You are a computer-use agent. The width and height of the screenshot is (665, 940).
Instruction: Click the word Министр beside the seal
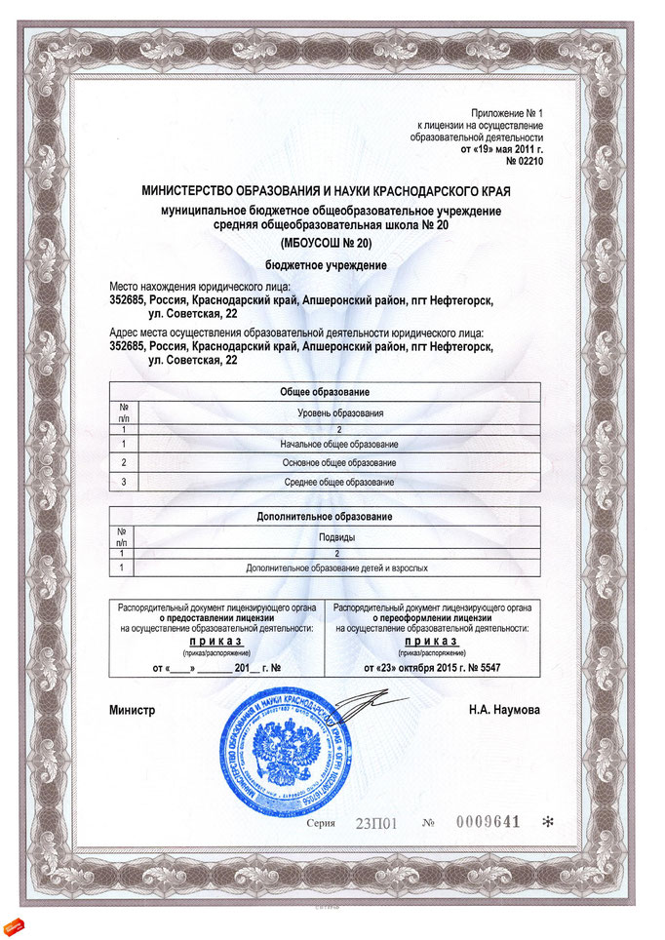coord(133,710)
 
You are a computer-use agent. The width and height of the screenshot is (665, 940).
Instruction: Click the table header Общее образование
coord(325,391)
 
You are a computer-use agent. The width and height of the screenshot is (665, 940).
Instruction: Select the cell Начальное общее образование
coord(338,445)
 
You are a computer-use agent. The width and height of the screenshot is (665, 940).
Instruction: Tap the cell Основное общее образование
coord(338,462)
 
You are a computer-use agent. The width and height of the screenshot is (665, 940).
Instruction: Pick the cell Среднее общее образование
coord(338,483)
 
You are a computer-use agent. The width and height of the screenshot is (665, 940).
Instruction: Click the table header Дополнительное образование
coord(325,516)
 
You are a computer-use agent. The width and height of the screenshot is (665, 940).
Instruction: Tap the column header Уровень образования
coord(339,413)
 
